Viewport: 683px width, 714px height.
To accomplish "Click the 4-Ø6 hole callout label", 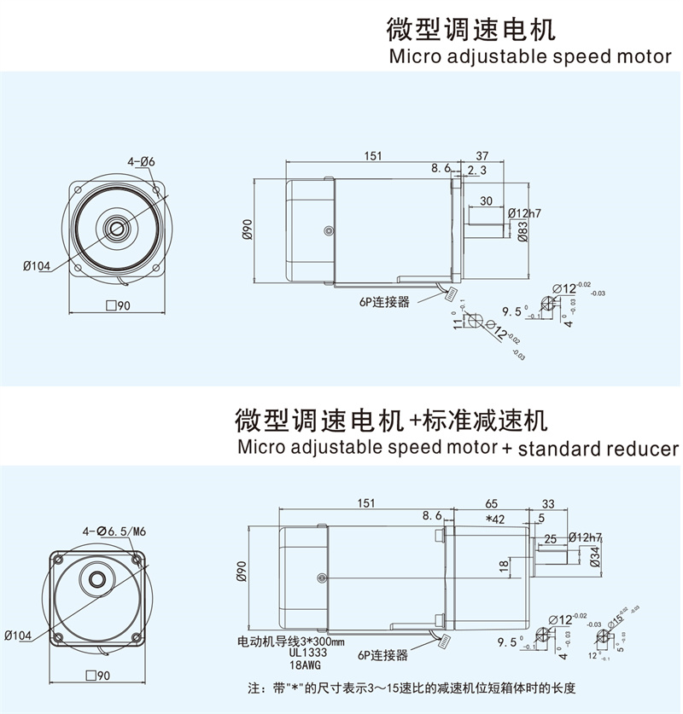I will [x=141, y=161].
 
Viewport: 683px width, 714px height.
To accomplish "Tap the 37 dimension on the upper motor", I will [x=482, y=156].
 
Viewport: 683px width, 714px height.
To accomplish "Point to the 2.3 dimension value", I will [x=477, y=171].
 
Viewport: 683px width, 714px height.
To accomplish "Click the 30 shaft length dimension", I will [x=486, y=200].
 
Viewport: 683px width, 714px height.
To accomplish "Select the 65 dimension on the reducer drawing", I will [x=491, y=503].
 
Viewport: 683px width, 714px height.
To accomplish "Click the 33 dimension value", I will [x=548, y=503].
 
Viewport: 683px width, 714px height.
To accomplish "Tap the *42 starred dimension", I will [x=494, y=519].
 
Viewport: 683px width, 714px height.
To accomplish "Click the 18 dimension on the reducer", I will [x=504, y=565].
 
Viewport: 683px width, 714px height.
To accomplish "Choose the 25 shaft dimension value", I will [x=550, y=538].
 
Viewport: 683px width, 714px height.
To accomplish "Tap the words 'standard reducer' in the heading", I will [x=598, y=449].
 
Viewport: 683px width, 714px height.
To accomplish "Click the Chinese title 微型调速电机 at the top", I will [x=470, y=30].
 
